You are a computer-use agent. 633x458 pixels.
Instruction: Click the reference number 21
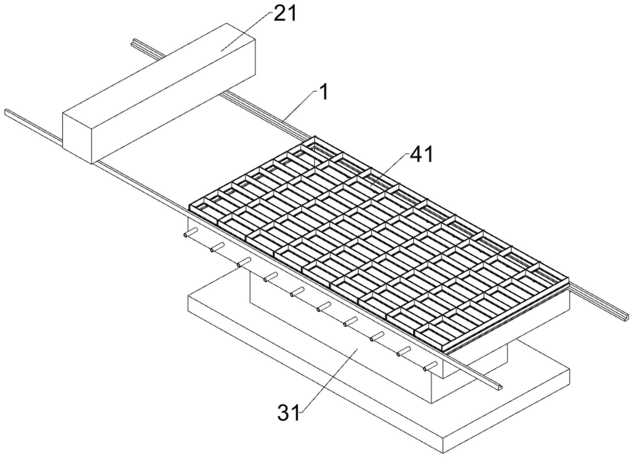pos(285,14)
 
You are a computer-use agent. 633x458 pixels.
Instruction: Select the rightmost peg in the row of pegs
pos(431,366)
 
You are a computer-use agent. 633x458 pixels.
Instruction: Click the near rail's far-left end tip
pos(6,112)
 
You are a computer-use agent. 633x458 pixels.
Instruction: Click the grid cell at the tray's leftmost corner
pos(203,210)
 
